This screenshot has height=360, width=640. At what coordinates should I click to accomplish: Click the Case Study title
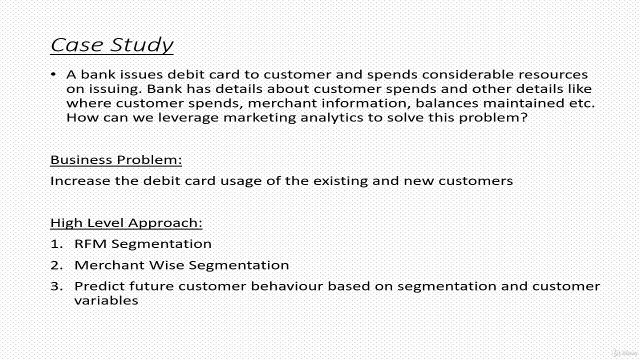tap(111, 45)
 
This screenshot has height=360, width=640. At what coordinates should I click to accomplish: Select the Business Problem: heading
tap(116, 160)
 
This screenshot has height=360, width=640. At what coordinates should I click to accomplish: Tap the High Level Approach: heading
tap(126, 222)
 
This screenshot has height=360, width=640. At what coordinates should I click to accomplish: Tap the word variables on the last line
tap(106, 300)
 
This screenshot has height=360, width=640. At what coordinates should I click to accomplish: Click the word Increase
tap(80, 181)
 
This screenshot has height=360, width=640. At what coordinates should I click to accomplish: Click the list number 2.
tap(56, 265)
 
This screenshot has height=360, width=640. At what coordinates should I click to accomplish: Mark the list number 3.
tap(56, 286)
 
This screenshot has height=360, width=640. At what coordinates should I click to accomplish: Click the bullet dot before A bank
tap(53, 74)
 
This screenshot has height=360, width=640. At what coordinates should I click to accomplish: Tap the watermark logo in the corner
tap(623, 352)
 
